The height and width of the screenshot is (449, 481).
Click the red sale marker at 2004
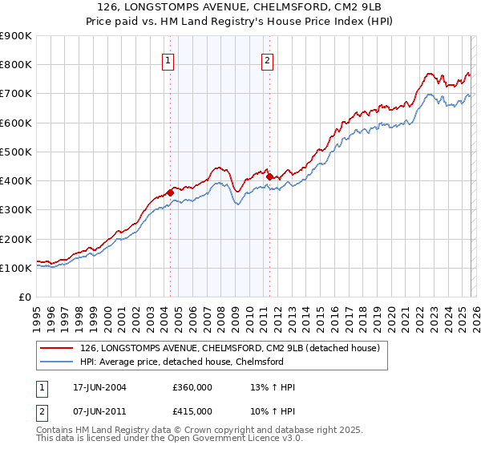[x=170, y=192]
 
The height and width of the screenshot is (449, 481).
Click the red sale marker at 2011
[x=269, y=176]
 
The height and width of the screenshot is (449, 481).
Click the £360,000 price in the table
[x=192, y=387]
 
